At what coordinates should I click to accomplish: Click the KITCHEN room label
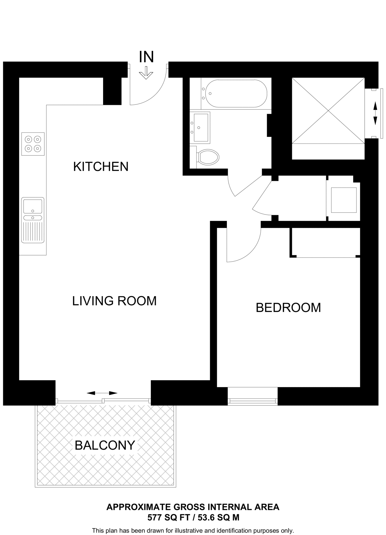coord(101,167)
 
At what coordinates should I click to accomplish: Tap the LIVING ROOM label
coord(114,301)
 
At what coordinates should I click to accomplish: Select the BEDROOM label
coord(288,307)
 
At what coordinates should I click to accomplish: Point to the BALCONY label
coord(105,445)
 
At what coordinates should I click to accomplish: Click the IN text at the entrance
coord(146,57)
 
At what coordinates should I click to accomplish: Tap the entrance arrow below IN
coord(146,73)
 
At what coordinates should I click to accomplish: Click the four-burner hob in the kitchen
coord(33,144)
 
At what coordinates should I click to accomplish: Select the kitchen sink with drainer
coord(33,220)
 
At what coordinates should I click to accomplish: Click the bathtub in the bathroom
coord(236,93)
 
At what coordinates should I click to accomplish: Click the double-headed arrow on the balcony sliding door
coord(102,393)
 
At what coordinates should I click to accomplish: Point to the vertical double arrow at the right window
coord(375,113)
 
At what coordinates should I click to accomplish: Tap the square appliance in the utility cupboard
coord(344,200)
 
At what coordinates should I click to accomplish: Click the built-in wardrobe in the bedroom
coord(326,242)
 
